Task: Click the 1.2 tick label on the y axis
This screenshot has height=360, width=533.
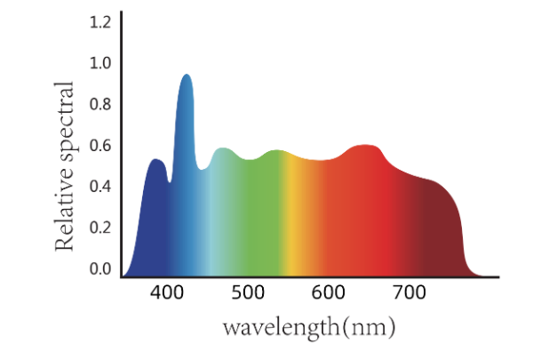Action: click(x=100, y=20)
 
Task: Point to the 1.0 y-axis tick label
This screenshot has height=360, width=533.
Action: click(x=100, y=63)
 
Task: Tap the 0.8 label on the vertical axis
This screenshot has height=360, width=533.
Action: click(x=100, y=104)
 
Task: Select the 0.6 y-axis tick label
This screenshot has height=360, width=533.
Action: click(x=100, y=145)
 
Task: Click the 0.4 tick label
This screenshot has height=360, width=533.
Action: click(x=100, y=186)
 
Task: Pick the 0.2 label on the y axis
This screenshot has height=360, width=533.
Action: click(x=100, y=227)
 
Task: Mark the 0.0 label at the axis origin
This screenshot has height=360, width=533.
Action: click(x=100, y=268)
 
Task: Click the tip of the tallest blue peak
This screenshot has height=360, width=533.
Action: click(x=187, y=76)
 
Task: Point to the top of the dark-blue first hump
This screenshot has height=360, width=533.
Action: click(x=156, y=160)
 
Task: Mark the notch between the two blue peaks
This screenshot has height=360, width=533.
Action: click(x=170, y=181)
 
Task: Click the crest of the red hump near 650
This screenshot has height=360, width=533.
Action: click(x=365, y=146)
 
